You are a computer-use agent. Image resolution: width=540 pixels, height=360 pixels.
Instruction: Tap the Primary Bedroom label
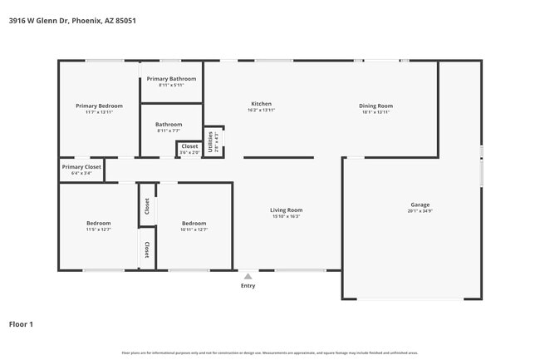pos(99,106)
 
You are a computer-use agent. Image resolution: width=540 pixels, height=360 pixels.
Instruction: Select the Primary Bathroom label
pos(170,79)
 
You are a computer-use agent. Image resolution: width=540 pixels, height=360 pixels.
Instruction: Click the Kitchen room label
pos(261,104)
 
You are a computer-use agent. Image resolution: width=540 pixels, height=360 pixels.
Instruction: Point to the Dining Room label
pos(376,106)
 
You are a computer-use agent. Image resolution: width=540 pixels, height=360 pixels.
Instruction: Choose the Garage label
pos(420,205)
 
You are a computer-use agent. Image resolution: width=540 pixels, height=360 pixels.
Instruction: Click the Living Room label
pos(286,210)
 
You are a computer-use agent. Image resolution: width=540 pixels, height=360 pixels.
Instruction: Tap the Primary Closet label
pos(81,167)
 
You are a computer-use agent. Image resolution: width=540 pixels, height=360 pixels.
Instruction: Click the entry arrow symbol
pos(248,275)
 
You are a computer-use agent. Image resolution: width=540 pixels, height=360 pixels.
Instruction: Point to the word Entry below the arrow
pos(248,286)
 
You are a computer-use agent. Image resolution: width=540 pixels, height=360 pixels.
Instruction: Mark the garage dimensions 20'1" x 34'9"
pos(420,211)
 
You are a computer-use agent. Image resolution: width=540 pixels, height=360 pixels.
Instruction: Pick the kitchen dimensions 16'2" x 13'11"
pos(261,111)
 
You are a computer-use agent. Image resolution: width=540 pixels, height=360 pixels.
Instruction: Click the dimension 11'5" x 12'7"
pos(98,229)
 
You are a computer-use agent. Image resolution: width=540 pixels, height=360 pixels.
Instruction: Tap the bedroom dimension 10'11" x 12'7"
pos(194,229)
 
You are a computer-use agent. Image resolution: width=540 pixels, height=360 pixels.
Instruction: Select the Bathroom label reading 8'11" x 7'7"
pos(169,125)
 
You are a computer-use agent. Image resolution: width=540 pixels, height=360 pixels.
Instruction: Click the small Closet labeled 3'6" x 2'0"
pos(189,146)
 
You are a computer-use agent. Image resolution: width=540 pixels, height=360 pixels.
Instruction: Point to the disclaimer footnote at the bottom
pos(269,353)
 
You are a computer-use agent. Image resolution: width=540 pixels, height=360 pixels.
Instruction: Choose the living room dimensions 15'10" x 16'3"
pos(286,217)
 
